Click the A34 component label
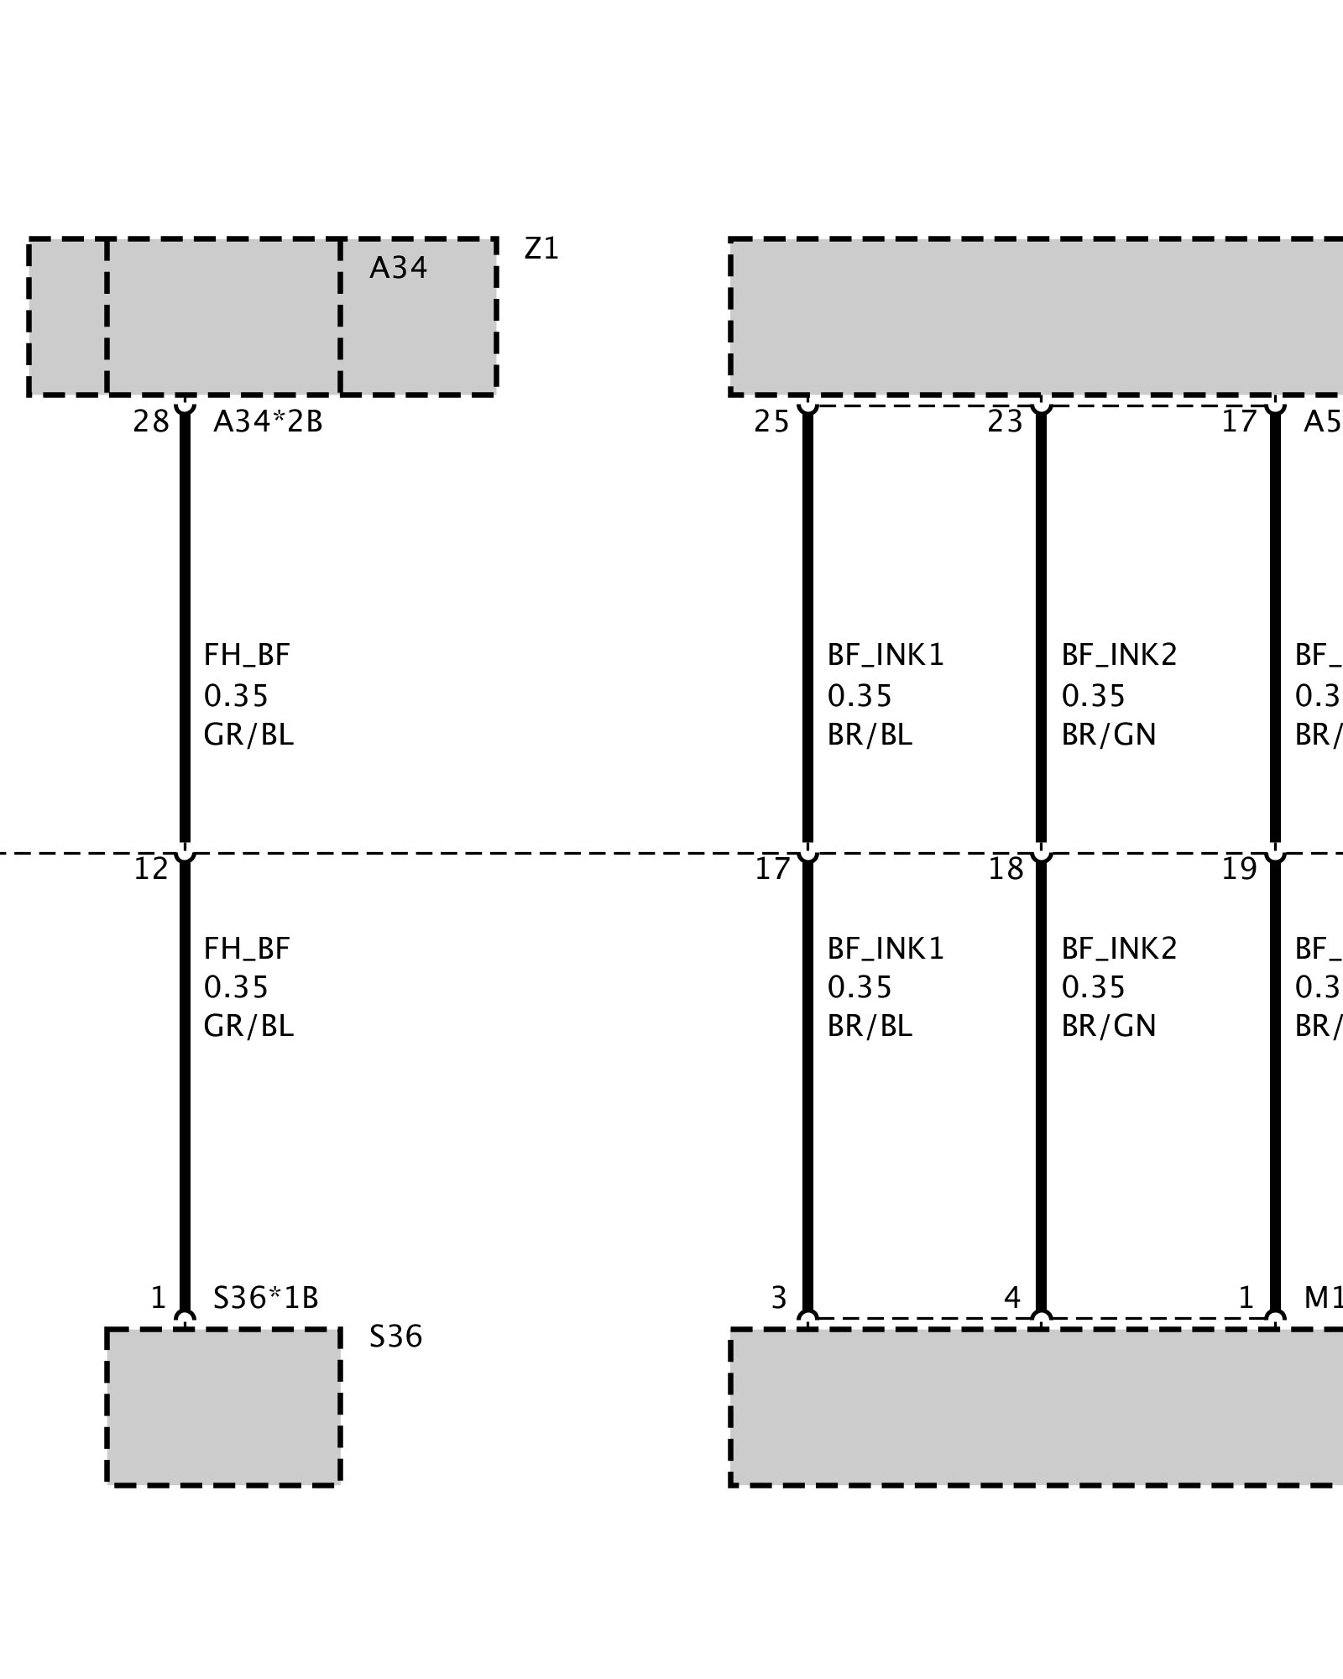[398, 268]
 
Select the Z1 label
[541, 248]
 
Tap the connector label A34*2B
[268, 421]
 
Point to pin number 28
[150, 421]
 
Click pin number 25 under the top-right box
[771, 421]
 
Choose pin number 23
[1005, 421]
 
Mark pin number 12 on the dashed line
[151, 869]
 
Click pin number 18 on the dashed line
[1005, 869]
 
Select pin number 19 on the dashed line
[1238, 869]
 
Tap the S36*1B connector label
[265, 1298]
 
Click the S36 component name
[395, 1336]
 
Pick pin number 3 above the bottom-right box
[778, 1298]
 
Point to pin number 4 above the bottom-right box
[1011, 1298]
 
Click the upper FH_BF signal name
[247, 655]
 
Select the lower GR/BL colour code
[248, 1026]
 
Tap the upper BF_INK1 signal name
[886, 655]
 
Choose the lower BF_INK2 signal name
[1119, 949]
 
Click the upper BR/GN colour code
[1108, 735]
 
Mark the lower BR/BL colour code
[870, 1026]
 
